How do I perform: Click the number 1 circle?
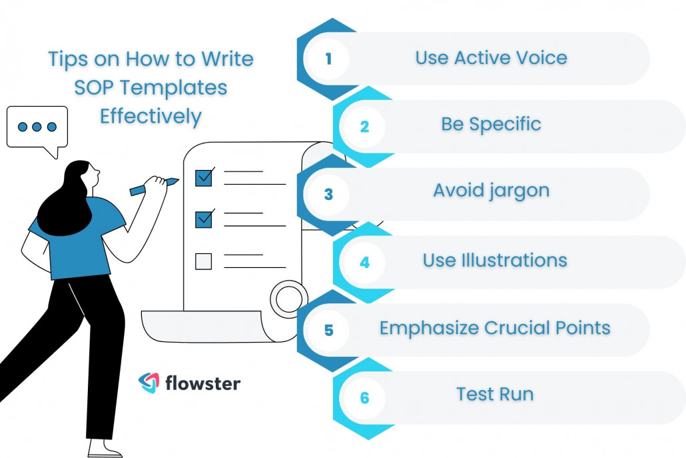click(328, 59)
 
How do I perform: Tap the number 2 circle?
click(364, 127)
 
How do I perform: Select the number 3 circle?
click(328, 195)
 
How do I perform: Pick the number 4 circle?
click(364, 263)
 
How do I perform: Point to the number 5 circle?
click(328, 331)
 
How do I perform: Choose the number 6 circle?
click(364, 399)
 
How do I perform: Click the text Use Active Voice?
click(491, 58)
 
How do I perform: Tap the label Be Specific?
click(491, 125)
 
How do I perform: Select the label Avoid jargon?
click(491, 191)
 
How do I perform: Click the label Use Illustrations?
click(495, 260)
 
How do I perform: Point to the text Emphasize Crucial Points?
click(495, 328)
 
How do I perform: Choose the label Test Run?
click(495, 394)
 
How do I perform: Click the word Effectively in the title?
click(151, 117)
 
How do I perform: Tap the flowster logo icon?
click(149, 382)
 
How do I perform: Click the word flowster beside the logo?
click(202, 383)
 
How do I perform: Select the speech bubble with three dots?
click(37, 128)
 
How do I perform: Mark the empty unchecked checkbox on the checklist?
click(203, 261)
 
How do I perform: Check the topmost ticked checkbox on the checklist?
click(204, 177)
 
